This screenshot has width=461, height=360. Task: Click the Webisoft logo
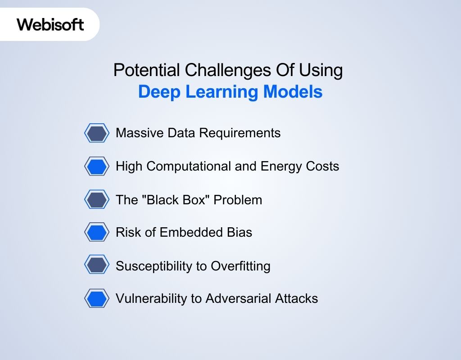tap(50, 24)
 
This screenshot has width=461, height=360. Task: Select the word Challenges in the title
tap(228, 71)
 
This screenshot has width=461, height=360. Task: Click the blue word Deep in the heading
tap(159, 92)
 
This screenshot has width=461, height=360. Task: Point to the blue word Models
tap(293, 91)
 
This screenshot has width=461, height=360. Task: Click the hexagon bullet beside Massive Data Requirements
tap(97, 133)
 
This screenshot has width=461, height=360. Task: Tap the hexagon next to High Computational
tap(97, 166)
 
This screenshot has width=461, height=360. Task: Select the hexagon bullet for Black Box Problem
tap(97, 199)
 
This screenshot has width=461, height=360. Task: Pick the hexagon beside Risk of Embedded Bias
tap(97, 232)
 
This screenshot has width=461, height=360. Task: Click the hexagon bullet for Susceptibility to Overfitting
tap(97, 265)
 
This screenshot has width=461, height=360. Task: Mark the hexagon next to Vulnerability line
tap(97, 298)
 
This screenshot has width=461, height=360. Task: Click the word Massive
tap(140, 133)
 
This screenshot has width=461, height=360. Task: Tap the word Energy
tap(281, 166)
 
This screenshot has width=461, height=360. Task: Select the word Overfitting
tap(240, 266)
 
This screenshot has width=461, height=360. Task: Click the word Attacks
tap(297, 299)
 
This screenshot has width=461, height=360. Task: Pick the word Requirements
tap(240, 133)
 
